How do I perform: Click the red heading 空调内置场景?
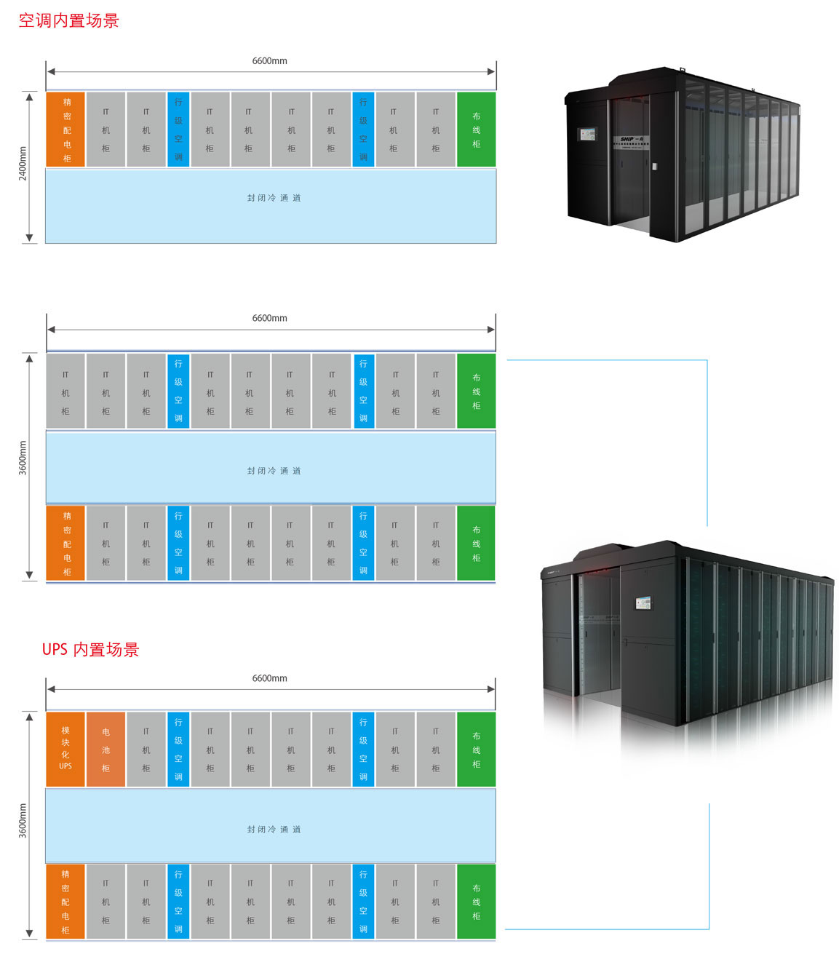pyautogui.click(x=68, y=20)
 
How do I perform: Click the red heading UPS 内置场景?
pyautogui.click(x=90, y=649)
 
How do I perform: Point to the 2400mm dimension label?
pyautogui.click(x=23, y=164)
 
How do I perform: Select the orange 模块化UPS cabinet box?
pyautogui.click(x=65, y=749)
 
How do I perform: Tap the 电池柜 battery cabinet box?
pyautogui.click(x=106, y=749)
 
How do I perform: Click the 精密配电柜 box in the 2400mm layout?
pyautogui.click(x=66, y=130)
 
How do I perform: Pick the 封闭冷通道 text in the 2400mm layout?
pyautogui.click(x=274, y=198)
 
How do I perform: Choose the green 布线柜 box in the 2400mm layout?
pyautogui.click(x=476, y=130)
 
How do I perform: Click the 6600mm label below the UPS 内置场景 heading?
pyautogui.click(x=269, y=678)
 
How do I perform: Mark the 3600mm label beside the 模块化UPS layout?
pyautogui.click(x=23, y=821)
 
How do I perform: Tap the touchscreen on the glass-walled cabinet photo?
pyautogui.click(x=587, y=134)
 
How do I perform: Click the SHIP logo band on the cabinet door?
pyautogui.click(x=629, y=139)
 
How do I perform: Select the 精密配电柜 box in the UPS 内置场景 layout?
pyautogui.click(x=65, y=901)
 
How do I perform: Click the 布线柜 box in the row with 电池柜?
pyautogui.click(x=476, y=749)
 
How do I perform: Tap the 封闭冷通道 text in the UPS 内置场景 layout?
pyautogui.click(x=274, y=830)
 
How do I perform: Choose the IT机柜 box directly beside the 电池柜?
pyautogui.click(x=146, y=749)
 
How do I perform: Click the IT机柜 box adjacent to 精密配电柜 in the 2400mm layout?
pyautogui.click(x=106, y=130)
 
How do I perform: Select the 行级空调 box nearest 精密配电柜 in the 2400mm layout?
pyautogui.click(x=178, y=130)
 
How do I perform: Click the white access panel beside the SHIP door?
pyautogui.click(x=654, y=167)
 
